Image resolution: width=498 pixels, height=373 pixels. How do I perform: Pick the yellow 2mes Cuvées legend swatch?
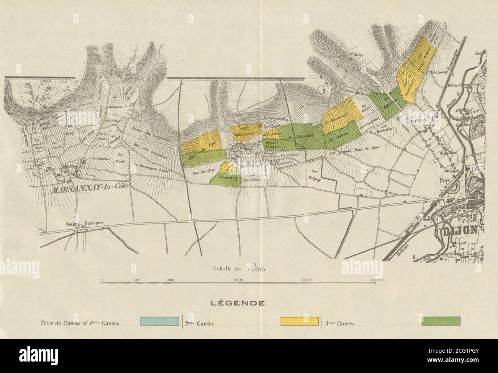(x=300, y=321)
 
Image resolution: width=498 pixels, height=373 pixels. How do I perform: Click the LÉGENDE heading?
(x=238, y=303)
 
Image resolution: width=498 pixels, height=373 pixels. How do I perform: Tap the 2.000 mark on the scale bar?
(x=238, y=280)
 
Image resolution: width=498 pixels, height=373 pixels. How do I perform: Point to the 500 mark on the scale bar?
(x=136, y=280)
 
